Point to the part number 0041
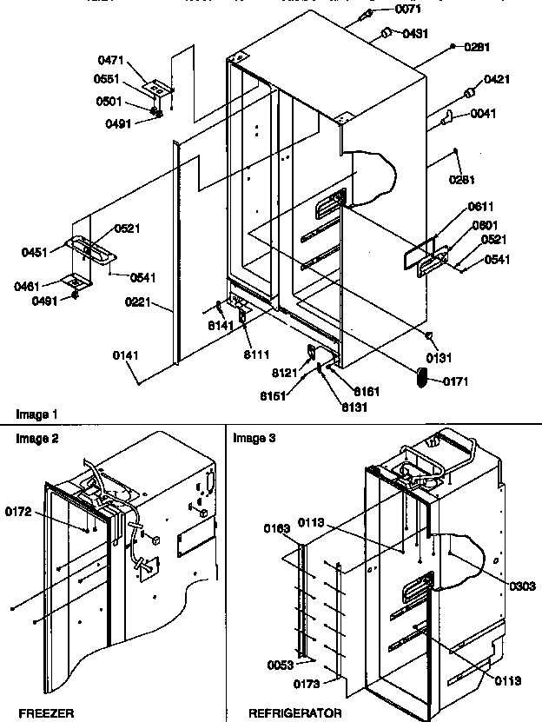pos(485,113)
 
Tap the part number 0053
pos(279,666)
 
